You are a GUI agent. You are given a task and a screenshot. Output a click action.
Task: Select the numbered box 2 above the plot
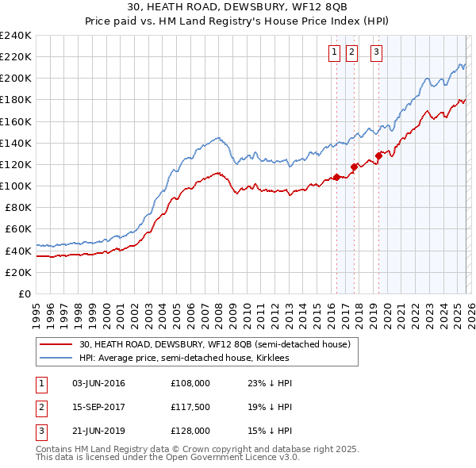coord(351,52)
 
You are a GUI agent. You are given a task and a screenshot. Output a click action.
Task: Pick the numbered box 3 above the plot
coord(375,52)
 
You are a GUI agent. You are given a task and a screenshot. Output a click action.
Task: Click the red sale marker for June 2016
coord(336,177)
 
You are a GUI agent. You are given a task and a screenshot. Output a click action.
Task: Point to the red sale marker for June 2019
coord(379,155)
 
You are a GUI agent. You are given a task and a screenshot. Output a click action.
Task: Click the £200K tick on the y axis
coord(16,78)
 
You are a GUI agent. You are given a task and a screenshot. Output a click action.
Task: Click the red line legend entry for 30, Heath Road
coord(215,344)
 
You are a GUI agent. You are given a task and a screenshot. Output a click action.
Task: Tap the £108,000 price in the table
coord(190,383)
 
